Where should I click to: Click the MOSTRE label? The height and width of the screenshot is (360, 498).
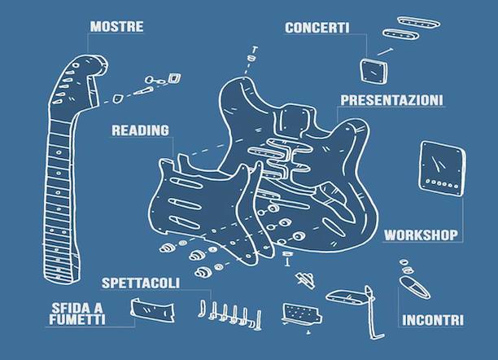(x=116, y=26)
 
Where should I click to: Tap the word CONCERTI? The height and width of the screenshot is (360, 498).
(x=317, y=28)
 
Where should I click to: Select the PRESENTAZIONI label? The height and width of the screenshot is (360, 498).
(x=391, y=100)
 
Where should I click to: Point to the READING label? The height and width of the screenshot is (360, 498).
(x=141, y=130)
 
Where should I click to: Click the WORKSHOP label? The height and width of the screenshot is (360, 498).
(x=421, y=235)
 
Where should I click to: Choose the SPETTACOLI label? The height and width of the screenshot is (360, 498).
(x=141, y=283)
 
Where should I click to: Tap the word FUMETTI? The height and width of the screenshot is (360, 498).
(x=76, y=319)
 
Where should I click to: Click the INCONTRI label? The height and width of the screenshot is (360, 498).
(x=433, y=320)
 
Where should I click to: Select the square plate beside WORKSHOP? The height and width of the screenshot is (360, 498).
(x=443, y=169)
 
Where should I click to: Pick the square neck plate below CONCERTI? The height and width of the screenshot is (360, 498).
(x=374, y=72)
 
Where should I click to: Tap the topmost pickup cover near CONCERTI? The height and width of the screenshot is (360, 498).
(x=419, y=23)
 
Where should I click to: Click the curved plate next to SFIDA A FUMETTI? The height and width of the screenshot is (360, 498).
(x=153, y=310)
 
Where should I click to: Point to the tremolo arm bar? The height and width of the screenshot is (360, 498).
(x=373, y=314)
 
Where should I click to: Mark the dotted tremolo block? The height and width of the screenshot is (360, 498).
(x=301, y=314)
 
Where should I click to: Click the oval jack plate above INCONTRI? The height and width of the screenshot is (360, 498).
(x=414, y=288)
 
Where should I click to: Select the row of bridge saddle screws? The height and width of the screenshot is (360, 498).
(x=231, y=314)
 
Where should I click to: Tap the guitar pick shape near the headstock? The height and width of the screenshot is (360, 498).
(x=118, y=99)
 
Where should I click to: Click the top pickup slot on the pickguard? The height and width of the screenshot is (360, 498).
(x=186, y=183)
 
